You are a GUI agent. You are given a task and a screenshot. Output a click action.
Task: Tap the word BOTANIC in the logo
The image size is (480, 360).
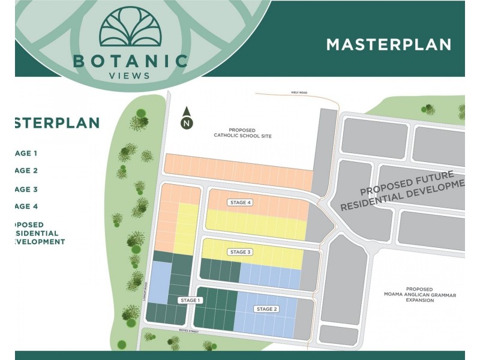[130, 61]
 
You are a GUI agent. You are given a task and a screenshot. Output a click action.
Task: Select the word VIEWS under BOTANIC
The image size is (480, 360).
[130, 76]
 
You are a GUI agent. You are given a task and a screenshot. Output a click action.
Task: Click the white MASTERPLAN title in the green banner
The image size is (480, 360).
[388, 44]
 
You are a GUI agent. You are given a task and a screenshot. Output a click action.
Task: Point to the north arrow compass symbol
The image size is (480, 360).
[187, 118]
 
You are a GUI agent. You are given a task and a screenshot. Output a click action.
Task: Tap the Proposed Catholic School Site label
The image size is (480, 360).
[242, 133]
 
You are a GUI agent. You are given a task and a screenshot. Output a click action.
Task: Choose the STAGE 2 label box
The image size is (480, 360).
[266, 309]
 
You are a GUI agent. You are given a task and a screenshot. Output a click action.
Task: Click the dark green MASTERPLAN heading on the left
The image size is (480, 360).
[56, 123]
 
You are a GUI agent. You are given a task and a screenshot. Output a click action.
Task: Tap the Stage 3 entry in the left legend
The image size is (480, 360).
[26, 189]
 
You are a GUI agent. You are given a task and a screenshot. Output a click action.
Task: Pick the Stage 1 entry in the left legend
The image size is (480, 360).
[26, 153]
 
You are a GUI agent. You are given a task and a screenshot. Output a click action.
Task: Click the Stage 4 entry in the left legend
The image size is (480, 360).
[26, 206]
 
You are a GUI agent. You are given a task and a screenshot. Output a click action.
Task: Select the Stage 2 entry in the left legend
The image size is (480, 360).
[26, 170]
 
